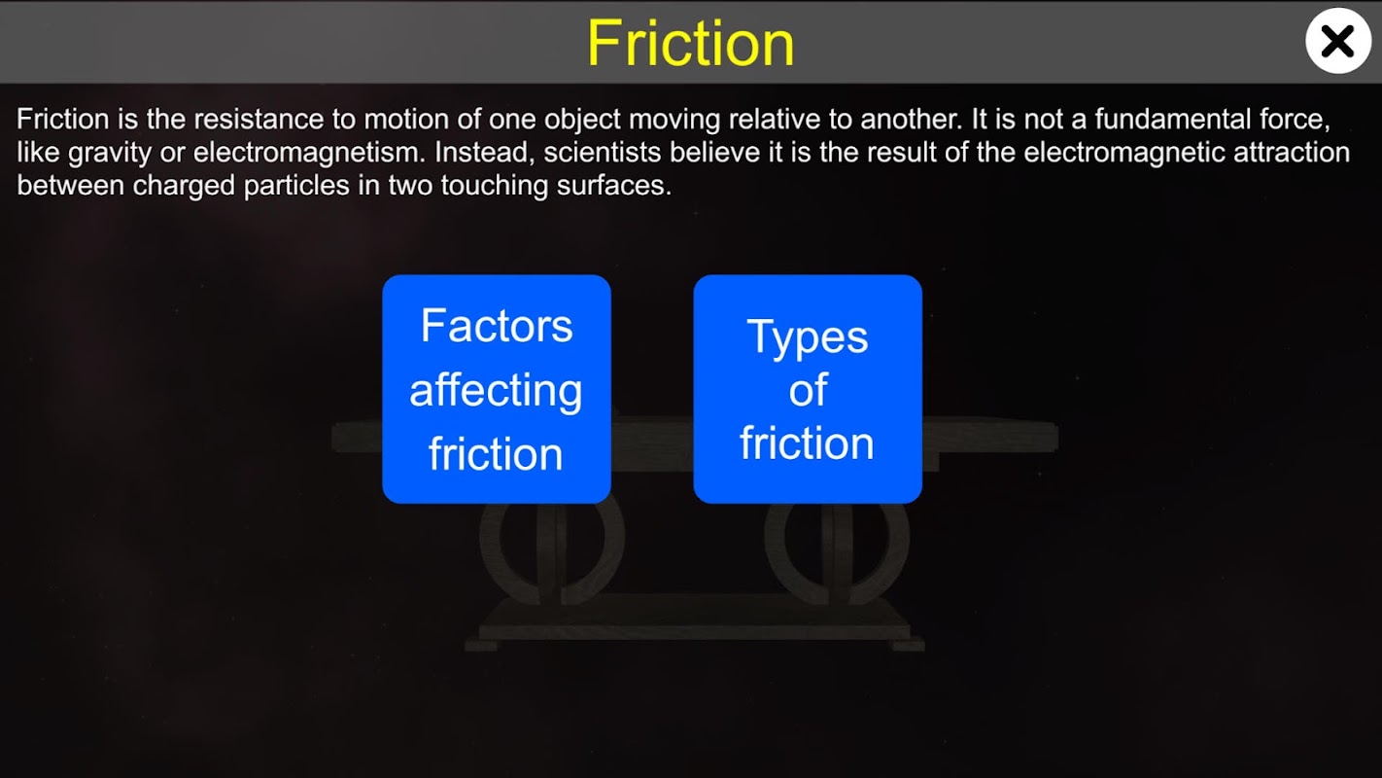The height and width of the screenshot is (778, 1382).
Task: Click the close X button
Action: click(1338, 41)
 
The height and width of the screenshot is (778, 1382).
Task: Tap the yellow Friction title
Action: click(690, 43)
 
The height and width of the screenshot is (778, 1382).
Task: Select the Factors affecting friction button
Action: click(497, 389)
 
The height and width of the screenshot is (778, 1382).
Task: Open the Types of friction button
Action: click(808, 389)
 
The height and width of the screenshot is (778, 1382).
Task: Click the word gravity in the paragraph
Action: click(109, 153)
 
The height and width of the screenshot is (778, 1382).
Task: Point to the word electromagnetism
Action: click(309, 153)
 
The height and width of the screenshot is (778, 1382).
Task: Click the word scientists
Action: click(603, 152)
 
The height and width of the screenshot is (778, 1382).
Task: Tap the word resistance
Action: click(259, 120)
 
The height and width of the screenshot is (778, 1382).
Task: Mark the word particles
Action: click(296, 186)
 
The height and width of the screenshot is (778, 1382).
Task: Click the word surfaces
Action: click(614, 185)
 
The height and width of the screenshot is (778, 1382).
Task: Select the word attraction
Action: click(1292, 152)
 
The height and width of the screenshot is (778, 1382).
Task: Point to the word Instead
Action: click(484, 153)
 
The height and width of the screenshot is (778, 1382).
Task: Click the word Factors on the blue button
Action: click(497, 326)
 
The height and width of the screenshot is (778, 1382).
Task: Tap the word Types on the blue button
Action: click(808, 338)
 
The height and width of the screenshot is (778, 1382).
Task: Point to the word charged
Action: click(184, 186)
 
